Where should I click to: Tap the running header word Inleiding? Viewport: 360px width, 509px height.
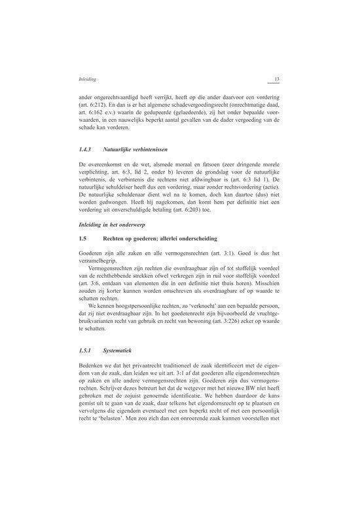(x=88, y=80)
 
